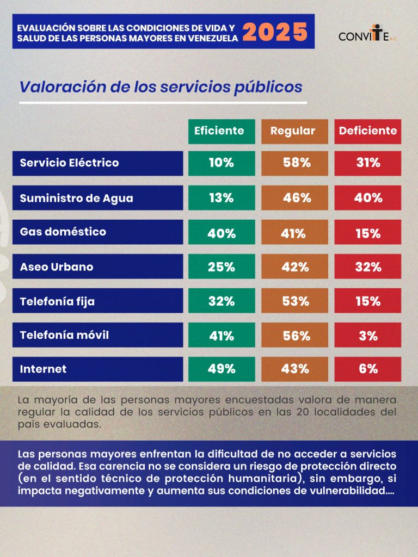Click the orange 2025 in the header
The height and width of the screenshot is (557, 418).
(275, 33)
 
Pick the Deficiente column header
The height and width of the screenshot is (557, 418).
(368, 131)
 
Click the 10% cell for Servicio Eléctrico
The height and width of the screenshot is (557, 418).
(221, 163)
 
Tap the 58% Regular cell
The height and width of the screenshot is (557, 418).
(294, 163)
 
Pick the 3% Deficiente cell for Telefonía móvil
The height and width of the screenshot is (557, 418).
(368, 336)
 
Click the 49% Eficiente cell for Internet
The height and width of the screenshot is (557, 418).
(221, 369)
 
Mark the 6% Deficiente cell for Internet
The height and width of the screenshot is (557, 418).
(368, 369)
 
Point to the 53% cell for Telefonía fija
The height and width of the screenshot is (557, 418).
(294, 301)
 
